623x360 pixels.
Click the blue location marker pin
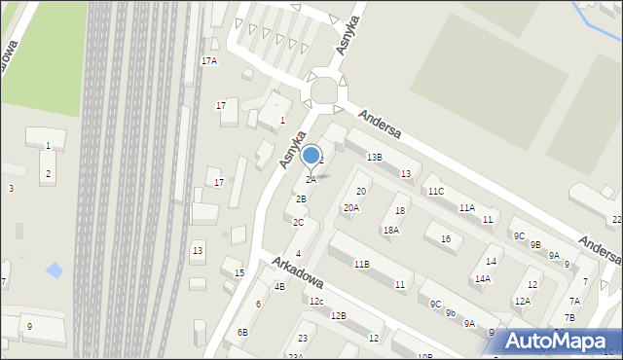[311, 156]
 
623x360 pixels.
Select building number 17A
[209, 61]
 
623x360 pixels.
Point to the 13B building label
[374, 158]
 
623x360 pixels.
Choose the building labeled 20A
[350, 208]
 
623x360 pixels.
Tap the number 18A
[390, 231]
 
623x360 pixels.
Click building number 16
[445, 239]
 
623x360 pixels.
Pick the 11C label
[435, 192]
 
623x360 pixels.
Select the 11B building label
[361, 265]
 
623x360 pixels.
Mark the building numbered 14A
[483, 279]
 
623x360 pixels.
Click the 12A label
[523, 302]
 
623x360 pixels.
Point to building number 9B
[534, 245]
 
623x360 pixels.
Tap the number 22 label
[616, 221]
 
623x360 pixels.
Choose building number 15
[239, 273]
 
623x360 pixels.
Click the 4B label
[279, 287]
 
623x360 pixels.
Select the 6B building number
[242, 333]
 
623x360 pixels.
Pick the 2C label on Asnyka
[298, 223]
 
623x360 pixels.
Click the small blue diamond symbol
[55, 270]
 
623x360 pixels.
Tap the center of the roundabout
[325, 92]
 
